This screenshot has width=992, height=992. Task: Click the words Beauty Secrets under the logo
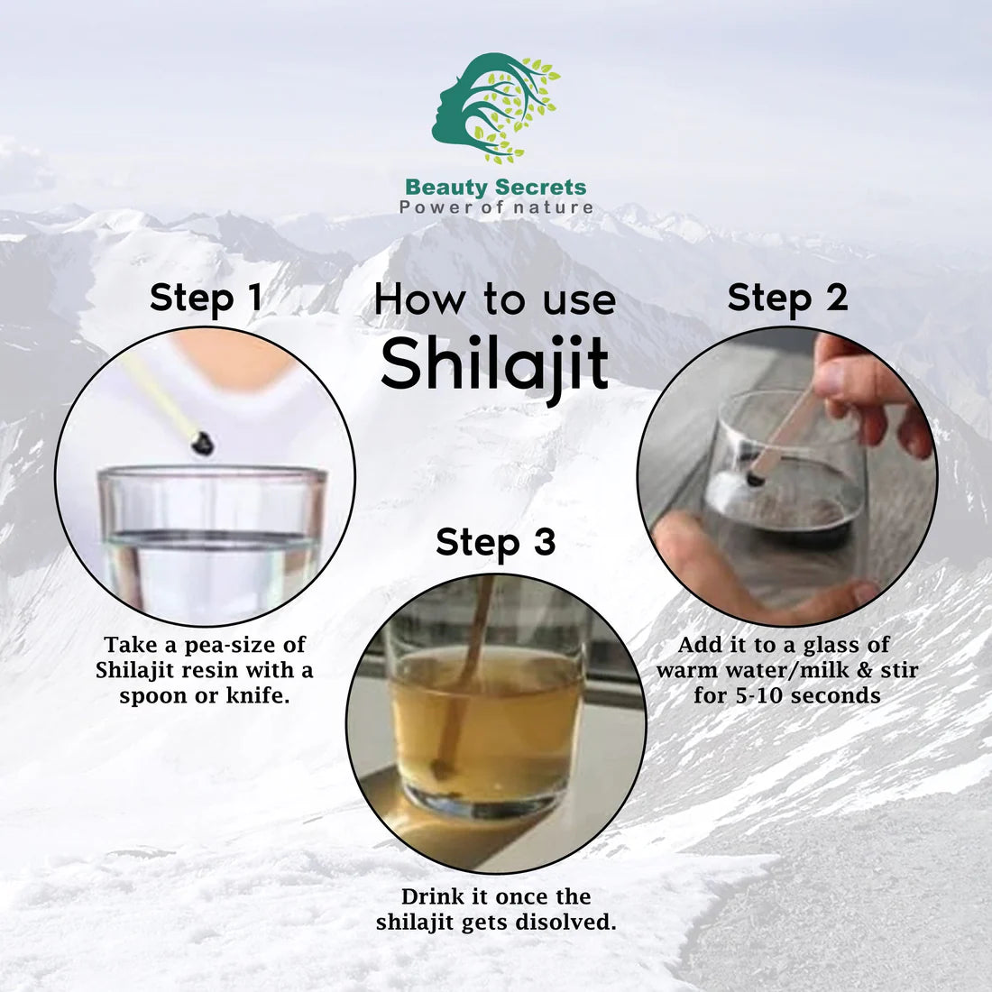tap(495, 188)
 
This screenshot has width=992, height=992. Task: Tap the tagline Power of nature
tap(496, 207)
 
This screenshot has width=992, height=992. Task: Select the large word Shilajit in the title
tap(494, 363)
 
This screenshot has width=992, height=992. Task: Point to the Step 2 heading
tap(787, 297)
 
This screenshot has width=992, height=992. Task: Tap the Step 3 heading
tap(495, 542)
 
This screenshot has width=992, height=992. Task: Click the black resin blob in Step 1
tap(203, 442)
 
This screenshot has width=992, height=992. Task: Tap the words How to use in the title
tap(494, 299)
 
